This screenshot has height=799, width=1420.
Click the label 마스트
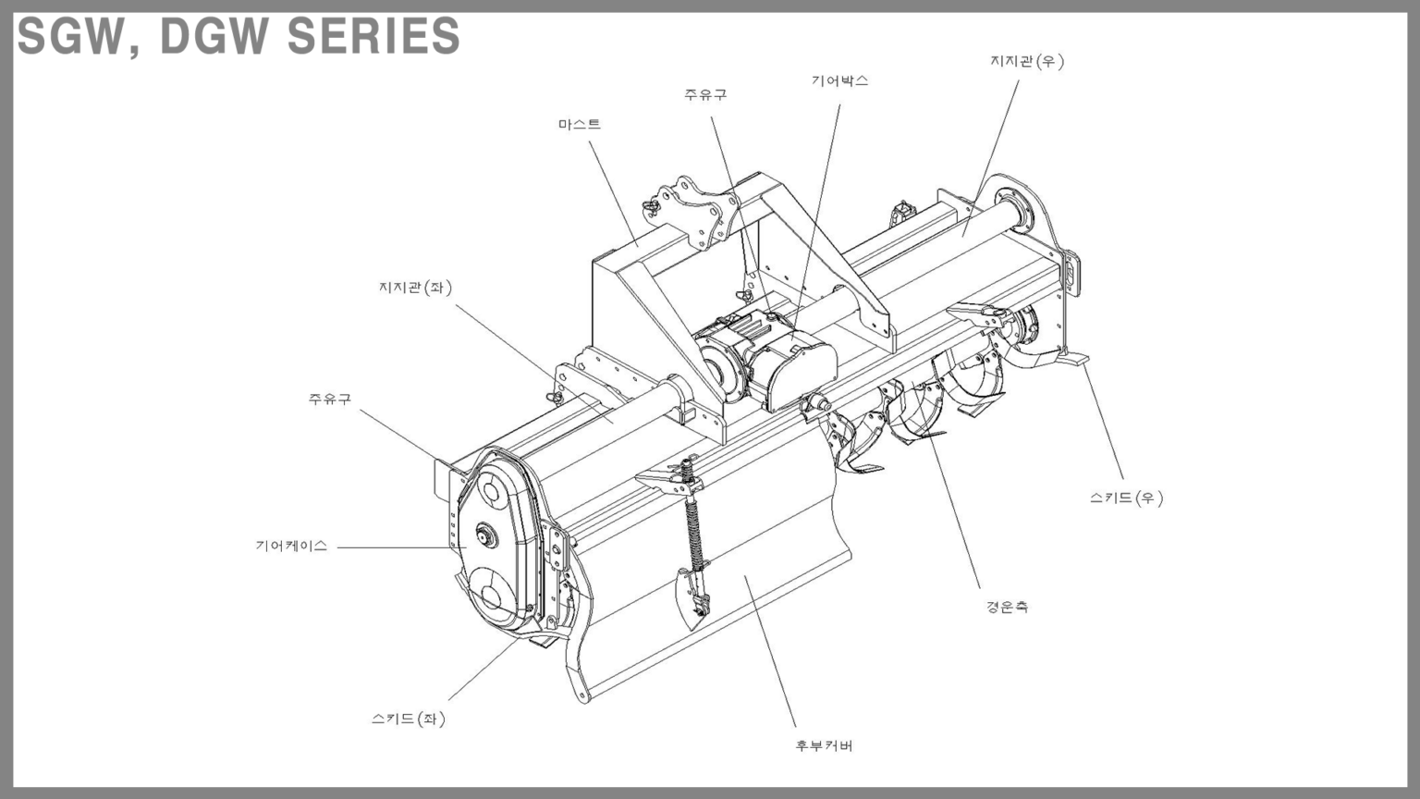[579, 124]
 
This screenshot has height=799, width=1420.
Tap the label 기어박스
[839, 80]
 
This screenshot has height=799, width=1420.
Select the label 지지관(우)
[1027, 61]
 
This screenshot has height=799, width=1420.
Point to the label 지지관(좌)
[415, 288]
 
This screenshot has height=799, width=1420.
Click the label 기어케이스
[291, 546]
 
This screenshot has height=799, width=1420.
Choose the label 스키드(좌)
[408, 719]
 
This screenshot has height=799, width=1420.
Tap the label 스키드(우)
[1126, 498]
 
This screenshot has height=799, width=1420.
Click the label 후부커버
[824, 745]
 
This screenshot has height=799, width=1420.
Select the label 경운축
[1007, 607]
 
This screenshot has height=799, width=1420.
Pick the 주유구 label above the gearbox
[705, 94]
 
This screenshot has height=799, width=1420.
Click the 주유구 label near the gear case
[330, 399]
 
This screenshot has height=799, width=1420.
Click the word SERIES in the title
[373, 36]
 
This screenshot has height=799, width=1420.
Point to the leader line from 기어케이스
[398, 547]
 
